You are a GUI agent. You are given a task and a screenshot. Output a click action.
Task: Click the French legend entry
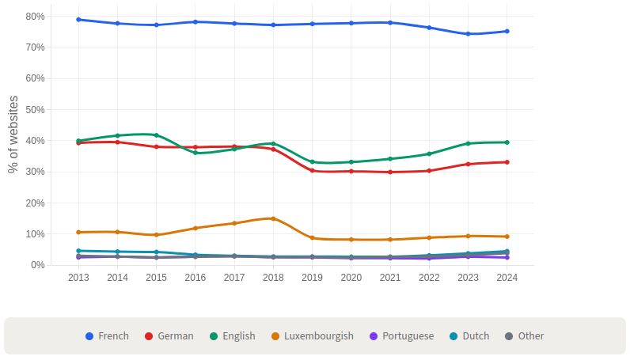click(107, 336)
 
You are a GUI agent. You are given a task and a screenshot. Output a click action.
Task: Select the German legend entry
click(169, 336)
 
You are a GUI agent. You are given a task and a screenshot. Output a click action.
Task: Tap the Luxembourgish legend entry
click(312, 336)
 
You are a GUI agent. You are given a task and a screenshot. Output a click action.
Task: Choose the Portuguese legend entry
click(401, 336)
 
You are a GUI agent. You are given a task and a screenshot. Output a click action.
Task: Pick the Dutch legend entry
click(469, 336)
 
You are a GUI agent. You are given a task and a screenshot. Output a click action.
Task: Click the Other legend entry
click(524, 336)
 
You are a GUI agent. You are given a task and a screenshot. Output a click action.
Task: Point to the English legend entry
click(232, 336)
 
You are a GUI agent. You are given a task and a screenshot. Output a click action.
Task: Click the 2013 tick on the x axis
click(78, 278)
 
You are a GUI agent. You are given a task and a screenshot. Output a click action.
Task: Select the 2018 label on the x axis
click(273, 278)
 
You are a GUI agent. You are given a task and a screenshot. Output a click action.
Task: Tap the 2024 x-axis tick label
click(507, 278)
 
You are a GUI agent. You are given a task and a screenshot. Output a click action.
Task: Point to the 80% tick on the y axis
click(35, 17)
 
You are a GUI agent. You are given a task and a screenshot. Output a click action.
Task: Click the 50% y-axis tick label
click(35, 110)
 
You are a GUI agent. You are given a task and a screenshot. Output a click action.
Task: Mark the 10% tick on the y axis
click(35, 234)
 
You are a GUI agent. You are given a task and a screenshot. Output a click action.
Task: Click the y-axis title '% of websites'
click(13, 135)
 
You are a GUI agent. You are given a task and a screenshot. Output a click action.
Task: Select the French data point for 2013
click(78, 20)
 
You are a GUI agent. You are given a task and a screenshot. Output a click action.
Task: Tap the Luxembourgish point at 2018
click(273, 218)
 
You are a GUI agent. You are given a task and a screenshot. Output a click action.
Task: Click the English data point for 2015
click(157, 135)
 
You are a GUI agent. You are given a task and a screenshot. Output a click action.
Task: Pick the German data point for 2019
click(312, 171)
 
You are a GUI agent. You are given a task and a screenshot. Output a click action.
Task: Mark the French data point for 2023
click(468, 34)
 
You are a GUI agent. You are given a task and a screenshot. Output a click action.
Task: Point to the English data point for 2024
click(507, 142)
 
